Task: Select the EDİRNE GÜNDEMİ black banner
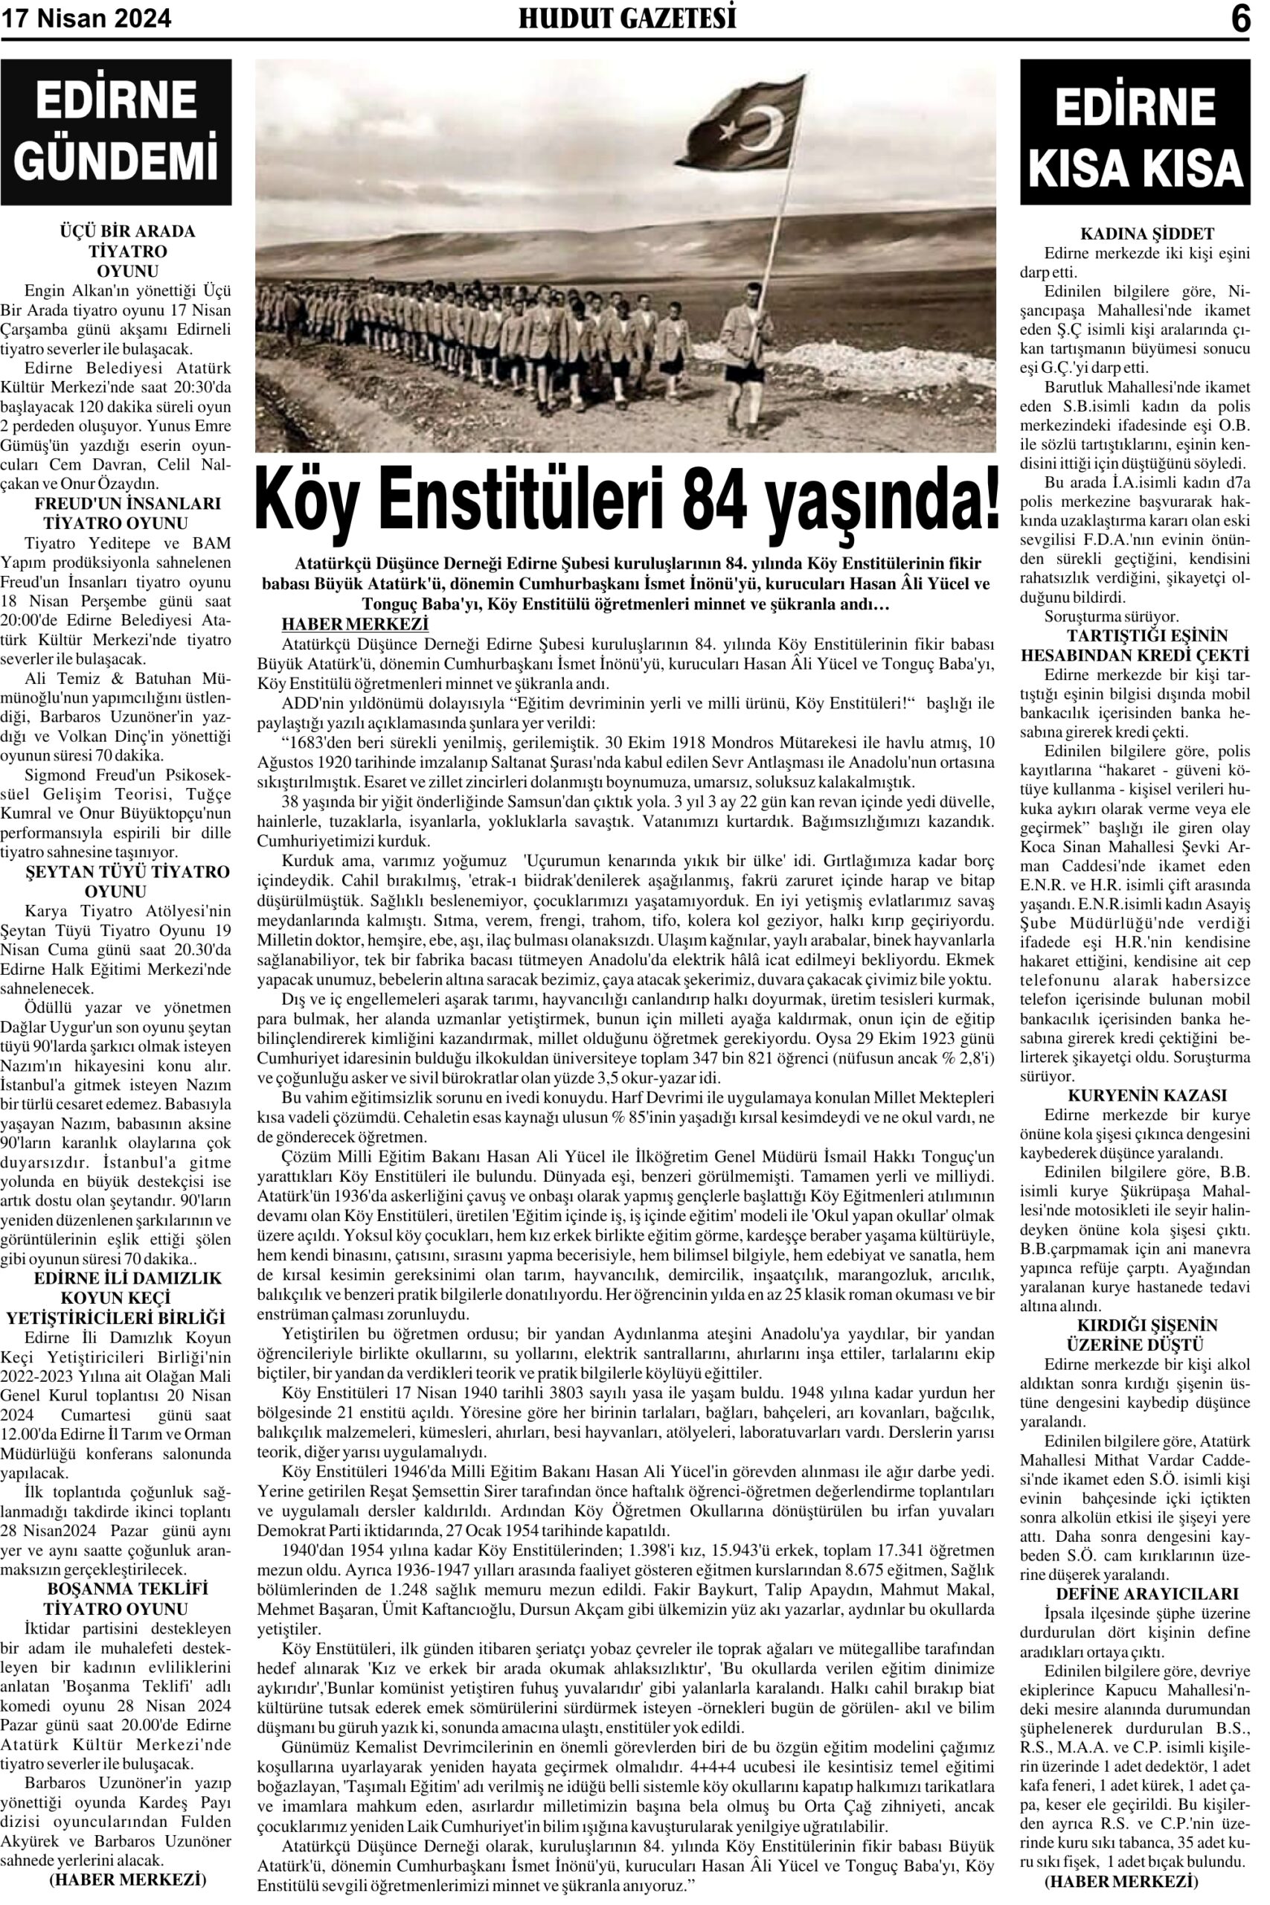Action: click(x=117, y=132)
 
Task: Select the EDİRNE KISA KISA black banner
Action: click(x=1135, y=132)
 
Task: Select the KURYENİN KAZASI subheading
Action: click(x=1135, y=1096)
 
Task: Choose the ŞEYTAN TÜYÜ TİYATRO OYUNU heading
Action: click(x=117, y=882)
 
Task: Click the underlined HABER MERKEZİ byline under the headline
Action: click(x=354, y=624)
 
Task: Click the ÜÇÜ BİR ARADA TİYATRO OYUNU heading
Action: click(x=117, y=251)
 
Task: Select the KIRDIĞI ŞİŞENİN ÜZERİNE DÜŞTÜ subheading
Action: click(x=1135, y=1336)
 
